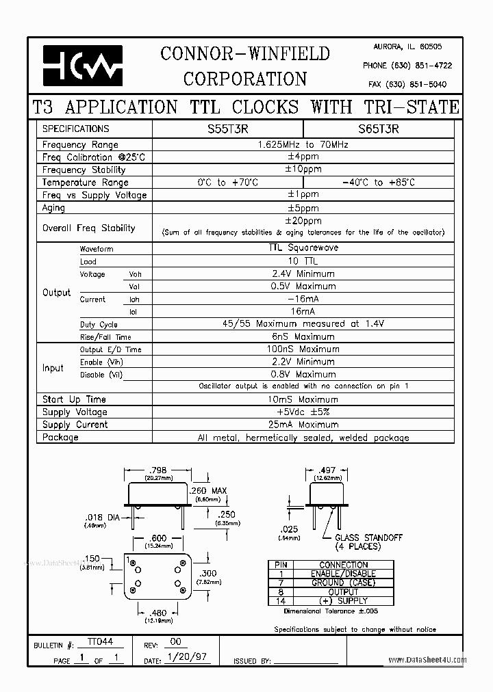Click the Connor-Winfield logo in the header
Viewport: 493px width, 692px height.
pos(82,66)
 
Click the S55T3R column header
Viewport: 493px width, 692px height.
pos(227,129)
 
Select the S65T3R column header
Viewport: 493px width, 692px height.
pos(378,129)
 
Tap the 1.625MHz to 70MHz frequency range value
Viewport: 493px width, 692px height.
pos(303,145)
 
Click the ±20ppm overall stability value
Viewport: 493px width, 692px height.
pos(303,221)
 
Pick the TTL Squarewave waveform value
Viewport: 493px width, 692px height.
pos(303,249)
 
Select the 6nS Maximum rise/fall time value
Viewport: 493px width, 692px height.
pos(303,336)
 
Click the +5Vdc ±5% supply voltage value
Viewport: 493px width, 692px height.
pos(303,412)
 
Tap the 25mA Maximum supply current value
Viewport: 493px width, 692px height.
pos(303,425)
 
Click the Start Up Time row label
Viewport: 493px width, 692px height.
pos(74,399)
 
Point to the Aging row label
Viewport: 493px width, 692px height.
pos(53,208)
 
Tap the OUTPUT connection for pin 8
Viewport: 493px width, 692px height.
pos(344,591)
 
